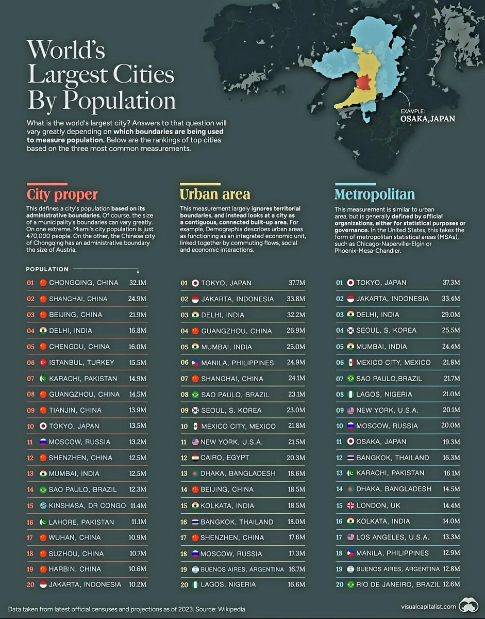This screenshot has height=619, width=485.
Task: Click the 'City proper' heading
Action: click(x=62, y=194)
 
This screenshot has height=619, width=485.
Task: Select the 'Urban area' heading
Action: click(x=214, y=194)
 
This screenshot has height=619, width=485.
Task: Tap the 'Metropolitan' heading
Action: click(x=374, y=194)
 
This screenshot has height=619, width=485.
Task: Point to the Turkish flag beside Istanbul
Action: click(x=43, y=363)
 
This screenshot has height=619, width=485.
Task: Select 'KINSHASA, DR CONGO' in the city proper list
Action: click(x=87, y=506)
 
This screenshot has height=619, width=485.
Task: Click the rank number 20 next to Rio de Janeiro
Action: click(x=339, y=584)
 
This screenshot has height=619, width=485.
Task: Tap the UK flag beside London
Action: click(x=350, y=506)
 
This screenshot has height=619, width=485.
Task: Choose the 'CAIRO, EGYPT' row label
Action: click(x=225, y=458)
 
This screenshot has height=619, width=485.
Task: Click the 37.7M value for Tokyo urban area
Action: click(x=296, y=283)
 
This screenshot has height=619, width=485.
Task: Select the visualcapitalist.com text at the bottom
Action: click(x=428, y=607)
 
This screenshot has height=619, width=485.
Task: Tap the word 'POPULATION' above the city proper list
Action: click(x=47, y=269)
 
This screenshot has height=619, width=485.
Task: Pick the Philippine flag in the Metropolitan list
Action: click(x=350, y=553)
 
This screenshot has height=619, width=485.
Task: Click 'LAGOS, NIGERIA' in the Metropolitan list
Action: click(x=384, y=394)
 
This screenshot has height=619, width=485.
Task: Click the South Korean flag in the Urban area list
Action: click(x=195, y=411)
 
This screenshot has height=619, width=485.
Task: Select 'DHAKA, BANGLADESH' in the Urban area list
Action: click(x=238, y=474)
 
